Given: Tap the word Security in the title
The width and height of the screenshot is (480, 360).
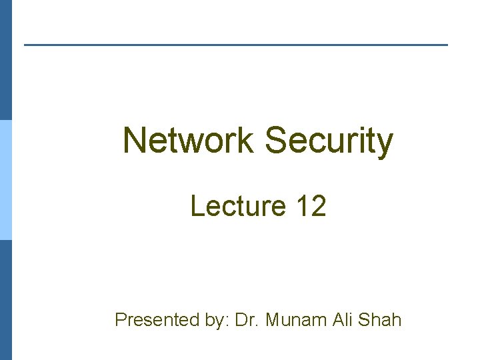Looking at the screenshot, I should (329, 141).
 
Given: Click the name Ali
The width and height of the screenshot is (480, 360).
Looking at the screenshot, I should (339, 320).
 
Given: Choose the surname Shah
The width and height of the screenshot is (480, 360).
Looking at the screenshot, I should (379, 320).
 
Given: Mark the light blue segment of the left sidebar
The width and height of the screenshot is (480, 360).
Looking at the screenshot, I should (5, 180).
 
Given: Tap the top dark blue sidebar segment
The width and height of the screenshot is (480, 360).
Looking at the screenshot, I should (5, 60).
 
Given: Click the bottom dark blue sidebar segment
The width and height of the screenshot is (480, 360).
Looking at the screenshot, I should (5, 300).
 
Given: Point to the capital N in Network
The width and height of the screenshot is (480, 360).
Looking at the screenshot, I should (134, 141).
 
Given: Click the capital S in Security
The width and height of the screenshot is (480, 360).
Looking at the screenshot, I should (275, 141).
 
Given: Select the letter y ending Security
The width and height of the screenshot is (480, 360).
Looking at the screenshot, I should (385, 145).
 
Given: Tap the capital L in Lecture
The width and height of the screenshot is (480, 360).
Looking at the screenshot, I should (197, 206).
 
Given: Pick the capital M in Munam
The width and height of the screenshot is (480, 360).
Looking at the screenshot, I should (272, 320).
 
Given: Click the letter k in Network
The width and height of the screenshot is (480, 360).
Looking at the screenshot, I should (246, 141).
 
